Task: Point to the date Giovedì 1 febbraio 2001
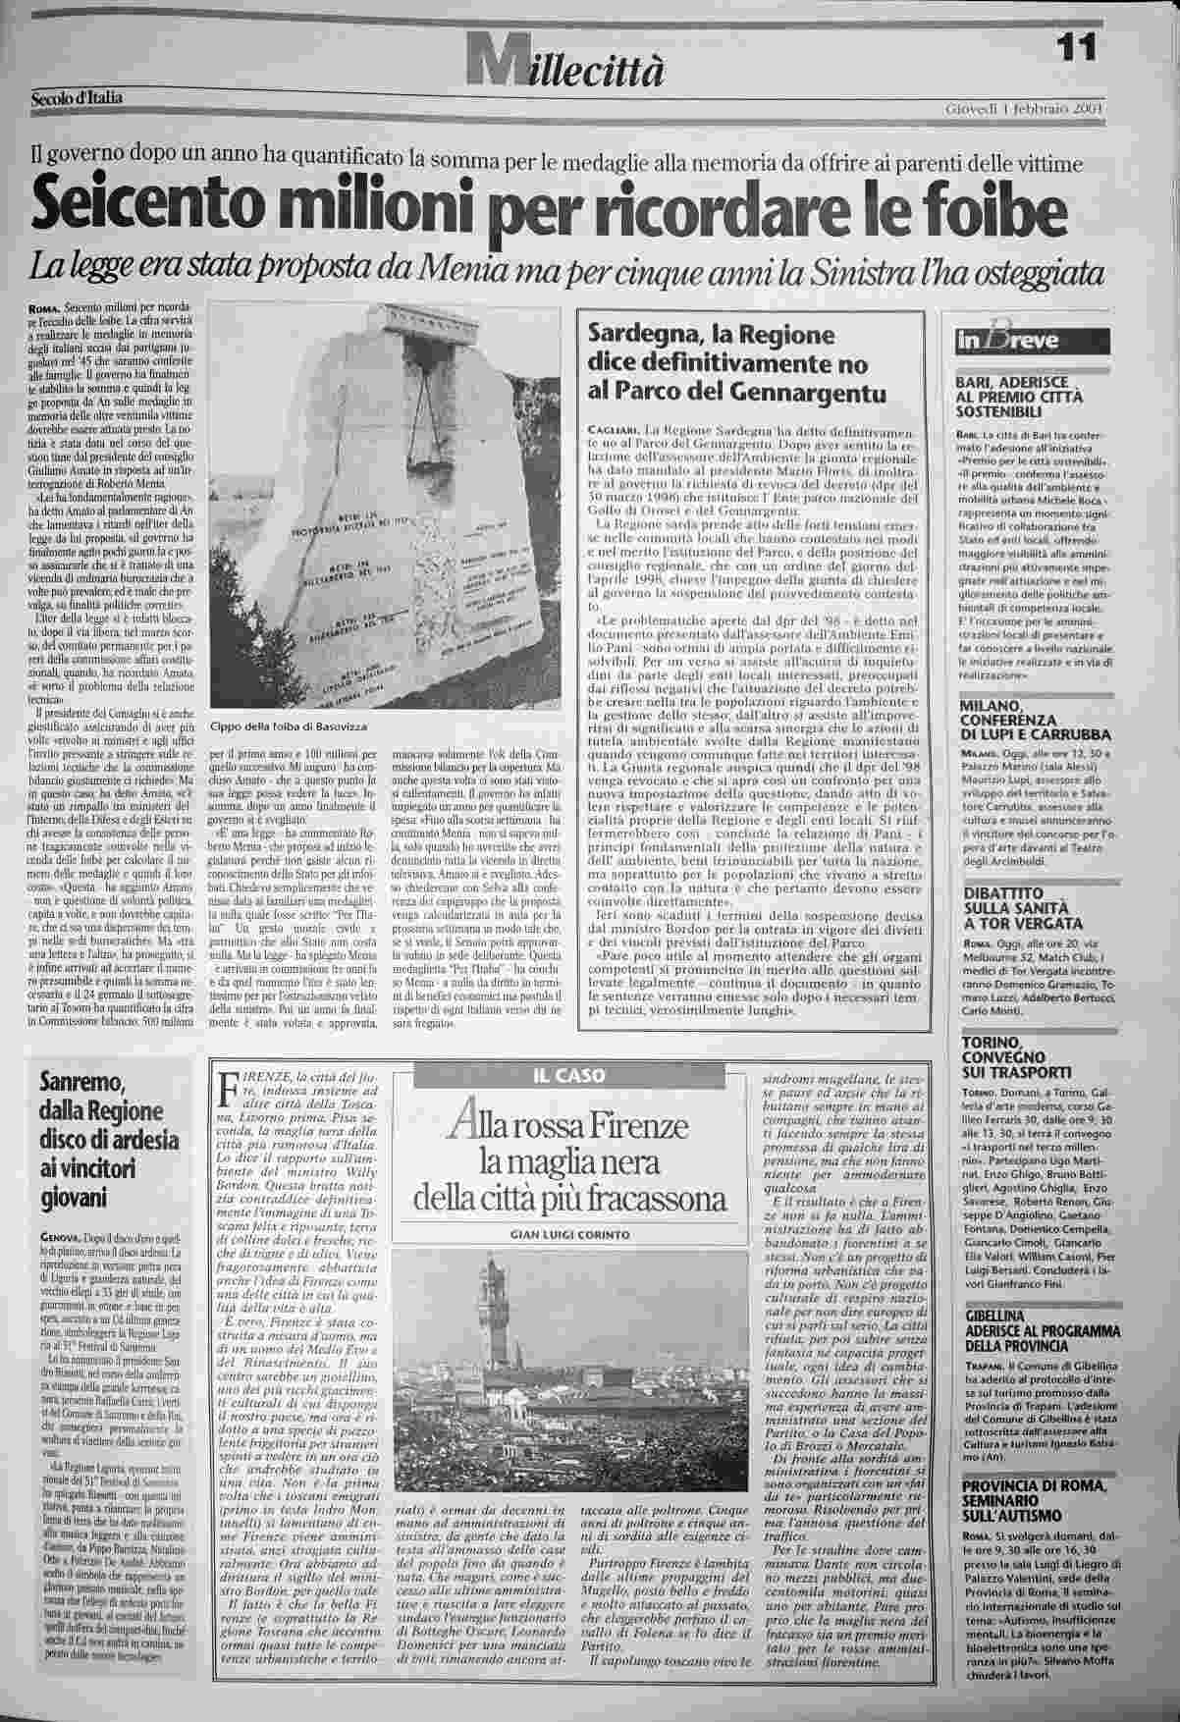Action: point(1025,107)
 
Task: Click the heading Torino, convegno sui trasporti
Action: point(1016,1057)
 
